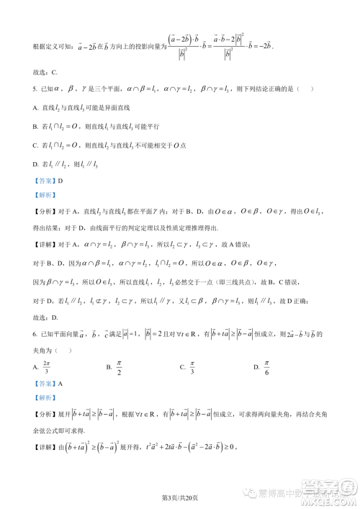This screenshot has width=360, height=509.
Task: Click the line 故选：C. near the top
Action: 45,73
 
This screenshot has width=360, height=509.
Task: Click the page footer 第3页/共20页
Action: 180,497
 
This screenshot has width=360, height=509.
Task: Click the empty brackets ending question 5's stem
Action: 307,89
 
